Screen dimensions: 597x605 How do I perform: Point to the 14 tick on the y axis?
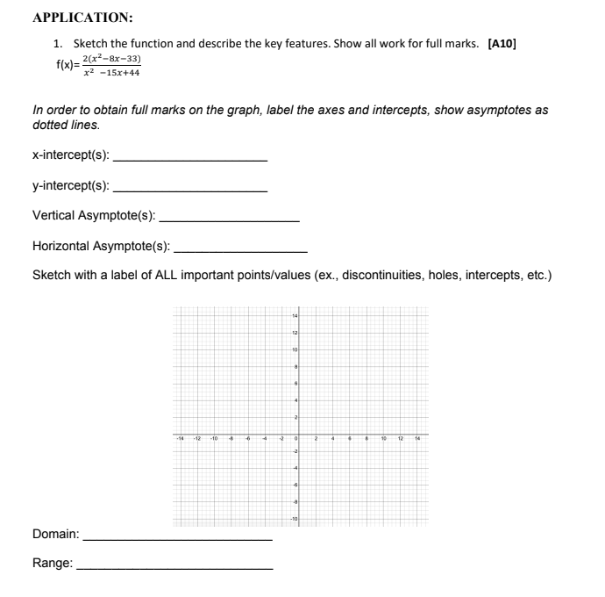[296, 314]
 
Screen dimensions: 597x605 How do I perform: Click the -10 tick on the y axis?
[295, 520]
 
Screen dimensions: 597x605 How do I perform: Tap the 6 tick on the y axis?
[297, 383]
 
